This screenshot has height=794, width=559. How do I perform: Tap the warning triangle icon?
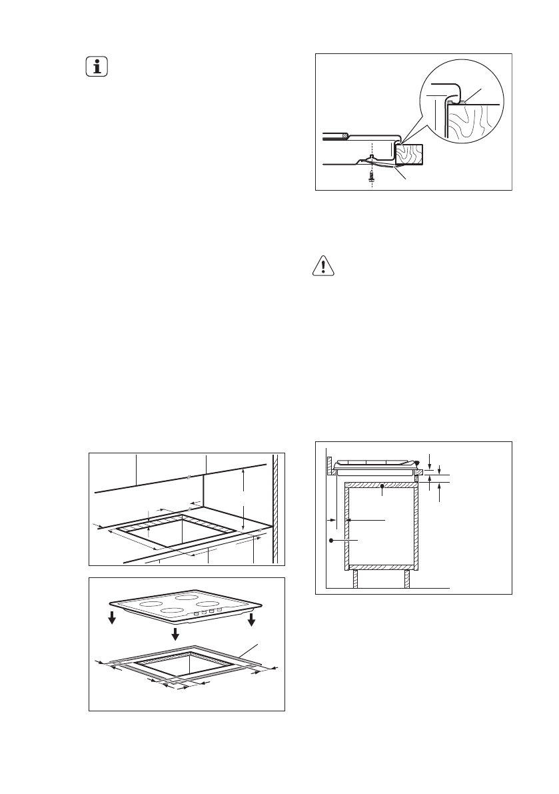pyautogui.click(x=323, y=267)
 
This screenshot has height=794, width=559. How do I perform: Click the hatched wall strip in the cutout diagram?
pyautogui.click(x=275, y=507)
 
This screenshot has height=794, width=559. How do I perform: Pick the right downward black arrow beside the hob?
pyautogui.click(x=251, y=619)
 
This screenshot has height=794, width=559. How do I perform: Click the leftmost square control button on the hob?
pyautogui.click(x=196, y=613)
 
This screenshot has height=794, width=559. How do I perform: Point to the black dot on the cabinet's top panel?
pyautogui.click(x=381, y=487)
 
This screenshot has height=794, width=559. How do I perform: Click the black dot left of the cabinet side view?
pyautogui.click(x=331, y=541)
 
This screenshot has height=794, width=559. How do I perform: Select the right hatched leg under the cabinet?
pyautogui.click(x=406, y=579)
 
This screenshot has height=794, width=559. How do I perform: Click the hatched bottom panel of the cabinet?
pyautogui.click(x=380, y=567)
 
